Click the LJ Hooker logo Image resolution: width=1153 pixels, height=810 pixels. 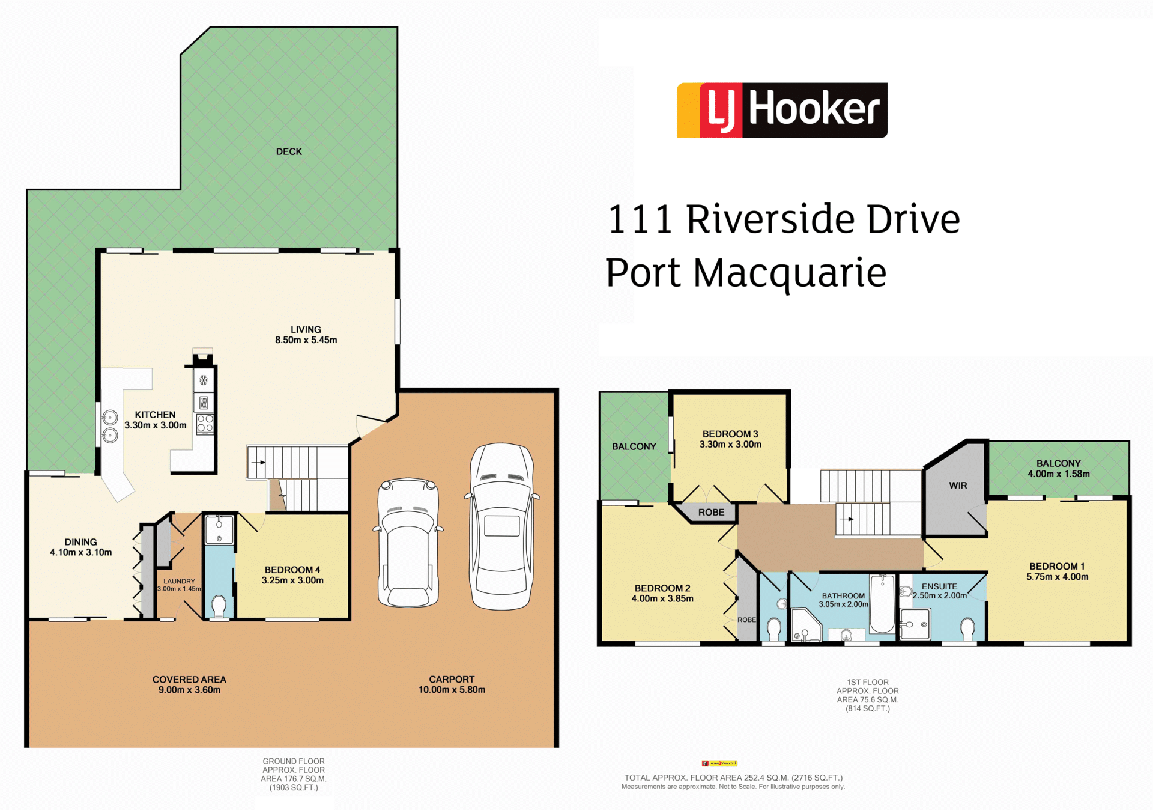(x=782, y=110)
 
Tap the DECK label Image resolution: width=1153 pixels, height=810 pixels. (x=289, y=151)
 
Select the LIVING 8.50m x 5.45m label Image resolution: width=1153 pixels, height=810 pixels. (x=306, y=335)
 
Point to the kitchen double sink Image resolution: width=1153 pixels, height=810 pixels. (x=110, y=426)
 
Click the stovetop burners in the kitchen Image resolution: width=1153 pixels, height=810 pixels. (x=205, y=424)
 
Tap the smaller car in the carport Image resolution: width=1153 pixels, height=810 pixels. (x=408, y=542)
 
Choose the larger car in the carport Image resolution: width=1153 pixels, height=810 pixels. (x=502, y=526)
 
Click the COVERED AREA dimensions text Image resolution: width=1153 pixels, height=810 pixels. (x=189, y=690)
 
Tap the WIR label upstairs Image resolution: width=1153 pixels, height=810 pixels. (x=958, y=486)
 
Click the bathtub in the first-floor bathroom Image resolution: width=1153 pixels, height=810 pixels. (x=882, y=603)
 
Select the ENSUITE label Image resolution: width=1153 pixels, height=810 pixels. (x=940, y=586)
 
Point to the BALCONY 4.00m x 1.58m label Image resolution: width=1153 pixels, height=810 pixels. (x=1059, y=469)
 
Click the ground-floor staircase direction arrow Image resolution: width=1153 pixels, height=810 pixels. (x=259, y=463)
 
